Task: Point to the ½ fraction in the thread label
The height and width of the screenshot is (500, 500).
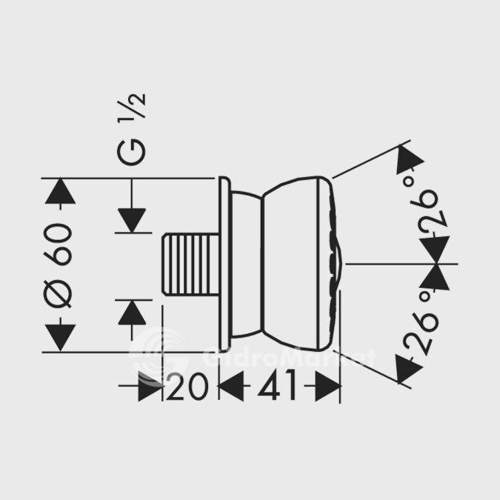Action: (x=136, y=109)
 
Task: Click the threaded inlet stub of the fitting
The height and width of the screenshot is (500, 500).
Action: (x=190, y=264)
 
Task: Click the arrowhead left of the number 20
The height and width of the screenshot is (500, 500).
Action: (x=150, y=387)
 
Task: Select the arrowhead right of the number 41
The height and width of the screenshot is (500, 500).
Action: (x=327, y=387)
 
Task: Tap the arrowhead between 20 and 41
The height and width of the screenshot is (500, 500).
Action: (x=231, y=387)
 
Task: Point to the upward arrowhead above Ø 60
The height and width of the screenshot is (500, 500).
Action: (x=61, y=191)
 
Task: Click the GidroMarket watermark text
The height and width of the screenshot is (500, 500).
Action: (x=289, y=359)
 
